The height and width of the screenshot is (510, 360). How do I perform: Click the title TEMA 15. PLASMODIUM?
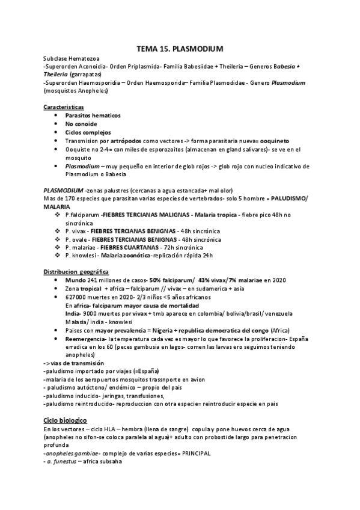180,48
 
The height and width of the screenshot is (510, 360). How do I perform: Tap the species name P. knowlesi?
82,255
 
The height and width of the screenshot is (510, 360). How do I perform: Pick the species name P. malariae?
82,247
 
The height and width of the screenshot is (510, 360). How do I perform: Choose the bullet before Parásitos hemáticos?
56,115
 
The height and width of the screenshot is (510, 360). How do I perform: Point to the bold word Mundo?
76,280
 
